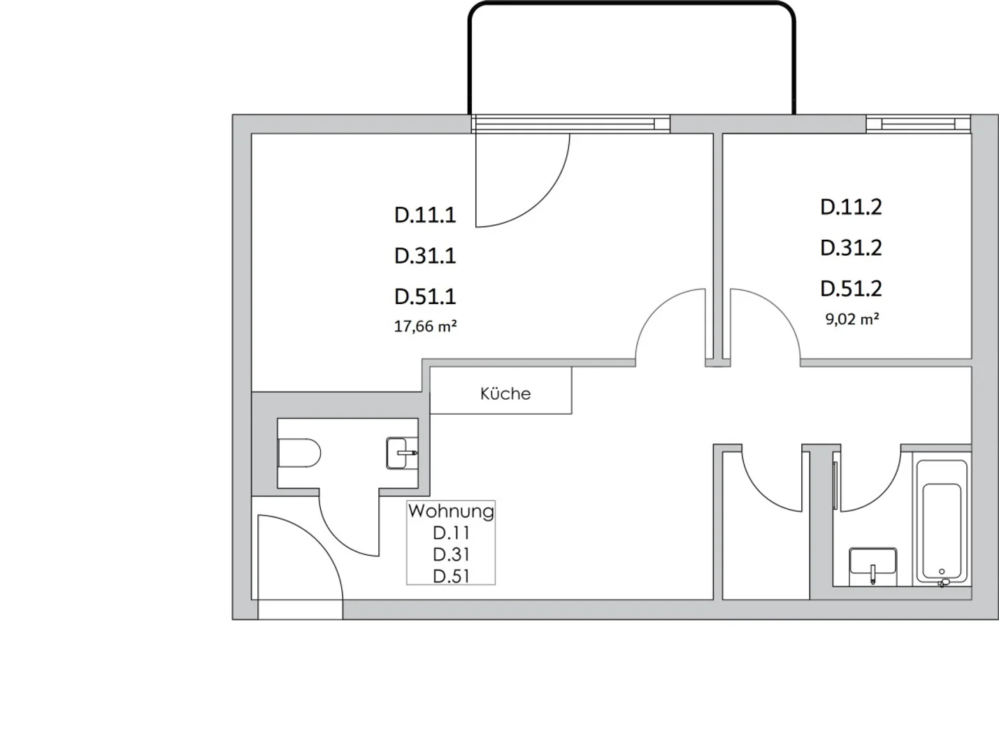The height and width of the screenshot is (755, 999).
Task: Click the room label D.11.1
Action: pos(425,215)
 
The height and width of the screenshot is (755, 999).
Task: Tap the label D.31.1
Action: pos(425,256)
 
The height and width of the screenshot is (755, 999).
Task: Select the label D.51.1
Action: pos(425,296)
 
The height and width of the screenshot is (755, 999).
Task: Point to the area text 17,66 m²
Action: pos(425,326)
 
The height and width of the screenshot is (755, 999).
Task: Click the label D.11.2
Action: pos(851,207)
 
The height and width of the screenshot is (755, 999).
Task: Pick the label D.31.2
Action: pos(851,248)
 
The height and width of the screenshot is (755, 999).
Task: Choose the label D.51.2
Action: pos(851,289)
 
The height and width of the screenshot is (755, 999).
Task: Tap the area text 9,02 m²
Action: pos(852,319)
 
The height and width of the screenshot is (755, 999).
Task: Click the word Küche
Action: pos(505,394)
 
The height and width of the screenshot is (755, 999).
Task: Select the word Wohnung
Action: pos(451,511)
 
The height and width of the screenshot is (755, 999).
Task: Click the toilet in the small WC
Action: pos(299,453)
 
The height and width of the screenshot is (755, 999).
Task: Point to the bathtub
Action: pos(942,522)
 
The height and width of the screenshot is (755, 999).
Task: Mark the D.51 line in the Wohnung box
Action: pos(451,577)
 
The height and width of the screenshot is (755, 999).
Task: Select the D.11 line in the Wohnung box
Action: pos(451,533)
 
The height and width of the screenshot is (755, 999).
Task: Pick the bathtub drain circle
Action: pos(942,572)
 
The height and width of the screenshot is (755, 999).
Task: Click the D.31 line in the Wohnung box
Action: pos(451,555)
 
